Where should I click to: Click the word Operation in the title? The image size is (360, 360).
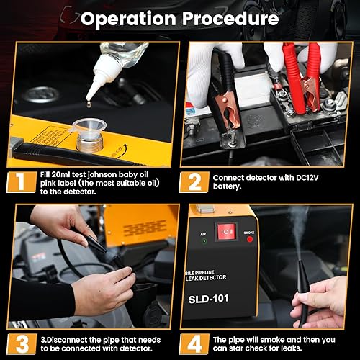point(128,19)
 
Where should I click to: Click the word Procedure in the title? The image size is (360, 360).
point(230,19)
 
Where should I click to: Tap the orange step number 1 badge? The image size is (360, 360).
point(22,181)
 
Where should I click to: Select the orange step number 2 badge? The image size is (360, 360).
point(194,181)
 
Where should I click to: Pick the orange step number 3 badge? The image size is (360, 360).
point(22,343)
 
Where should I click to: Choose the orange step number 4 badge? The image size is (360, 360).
point(194,343)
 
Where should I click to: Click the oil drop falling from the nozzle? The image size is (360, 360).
point(89,104)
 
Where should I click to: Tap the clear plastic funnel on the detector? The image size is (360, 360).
point(89,127)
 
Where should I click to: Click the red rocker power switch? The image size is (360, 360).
point(227,233)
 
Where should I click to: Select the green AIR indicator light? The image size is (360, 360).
point(204,241)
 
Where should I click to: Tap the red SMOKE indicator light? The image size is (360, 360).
point(250,239)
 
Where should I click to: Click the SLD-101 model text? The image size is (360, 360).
point(208,299)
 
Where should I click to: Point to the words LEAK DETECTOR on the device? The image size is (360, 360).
point(206,278)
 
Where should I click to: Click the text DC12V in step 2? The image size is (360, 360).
point(307,178)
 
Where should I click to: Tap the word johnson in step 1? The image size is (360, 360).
point(102,175)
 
